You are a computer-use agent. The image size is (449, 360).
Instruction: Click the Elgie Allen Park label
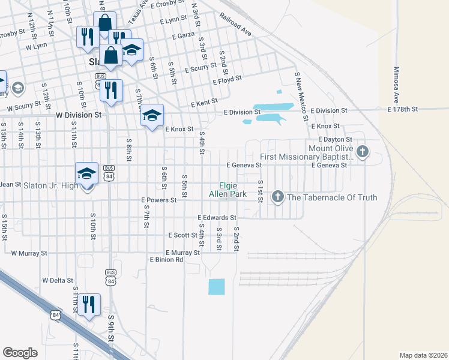(x=228, y=190)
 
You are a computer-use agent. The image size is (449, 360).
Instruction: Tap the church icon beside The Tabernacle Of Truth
(x=277, y=196)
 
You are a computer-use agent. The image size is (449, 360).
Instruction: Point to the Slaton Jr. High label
(x=50, y=185)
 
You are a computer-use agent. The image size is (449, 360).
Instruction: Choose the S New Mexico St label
(x=297, y=88)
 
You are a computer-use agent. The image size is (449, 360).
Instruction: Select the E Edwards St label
(x=217, y=217)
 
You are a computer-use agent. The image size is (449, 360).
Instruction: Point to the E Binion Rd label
(x=166, y=260)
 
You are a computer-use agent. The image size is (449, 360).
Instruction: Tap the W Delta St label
(x=58, y=280)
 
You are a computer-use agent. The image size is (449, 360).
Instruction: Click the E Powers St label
(x=159, y=200)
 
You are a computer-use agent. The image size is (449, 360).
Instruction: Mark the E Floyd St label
(x=227, y=79)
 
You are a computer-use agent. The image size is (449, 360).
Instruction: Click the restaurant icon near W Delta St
(x=89, y=304)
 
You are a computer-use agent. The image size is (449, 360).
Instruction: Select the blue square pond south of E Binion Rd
(x=216, y=287)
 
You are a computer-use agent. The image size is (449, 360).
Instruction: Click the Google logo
(x=20, y=353)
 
